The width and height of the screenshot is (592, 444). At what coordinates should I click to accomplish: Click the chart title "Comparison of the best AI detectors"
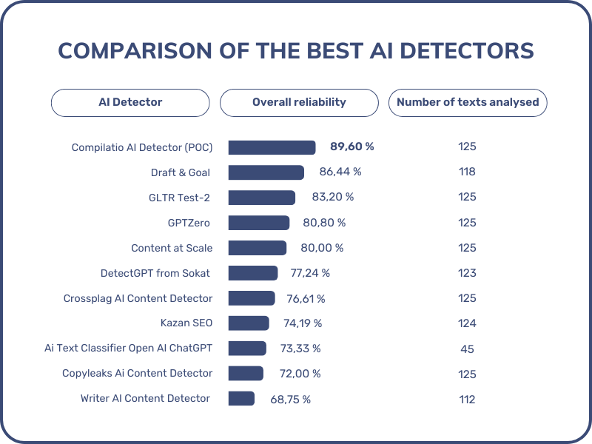[296, 50]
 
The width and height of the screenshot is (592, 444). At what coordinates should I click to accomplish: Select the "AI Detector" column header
[130, 102]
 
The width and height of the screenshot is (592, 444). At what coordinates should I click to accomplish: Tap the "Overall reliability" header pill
[299, 102]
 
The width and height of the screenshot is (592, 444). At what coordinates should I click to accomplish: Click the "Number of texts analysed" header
[468, 102]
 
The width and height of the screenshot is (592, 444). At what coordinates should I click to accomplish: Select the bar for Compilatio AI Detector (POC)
[272, 147]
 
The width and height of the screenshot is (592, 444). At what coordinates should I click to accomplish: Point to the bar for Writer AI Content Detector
[241, 399]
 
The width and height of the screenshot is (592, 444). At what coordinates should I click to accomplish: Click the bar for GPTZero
[259, 223]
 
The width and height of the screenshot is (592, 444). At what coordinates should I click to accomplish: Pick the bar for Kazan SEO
[249, 323]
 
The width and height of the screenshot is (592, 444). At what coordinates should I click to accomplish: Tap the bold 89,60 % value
[351, 147]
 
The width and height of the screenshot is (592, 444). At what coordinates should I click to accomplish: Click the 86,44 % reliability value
[340, 172]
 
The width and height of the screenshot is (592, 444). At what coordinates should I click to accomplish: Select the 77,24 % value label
[310, 273]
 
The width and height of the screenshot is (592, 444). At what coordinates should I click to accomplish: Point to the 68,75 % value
[290, 399]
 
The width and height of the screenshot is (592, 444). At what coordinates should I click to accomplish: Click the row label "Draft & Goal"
[181, 172]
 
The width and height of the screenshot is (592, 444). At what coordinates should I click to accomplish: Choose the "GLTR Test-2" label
[178, 197]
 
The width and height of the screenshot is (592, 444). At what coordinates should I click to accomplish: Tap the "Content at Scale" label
[172, 248]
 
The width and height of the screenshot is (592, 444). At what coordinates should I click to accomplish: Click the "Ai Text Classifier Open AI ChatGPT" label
[128, 349]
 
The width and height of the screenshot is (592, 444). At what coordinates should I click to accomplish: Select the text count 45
[467, 349]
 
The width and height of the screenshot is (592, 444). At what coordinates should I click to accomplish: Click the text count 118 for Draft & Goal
[467, 172]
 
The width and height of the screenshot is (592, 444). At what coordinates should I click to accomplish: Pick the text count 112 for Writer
[467, 399]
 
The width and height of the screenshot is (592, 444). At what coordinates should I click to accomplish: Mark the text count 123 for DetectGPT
[467, 273]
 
